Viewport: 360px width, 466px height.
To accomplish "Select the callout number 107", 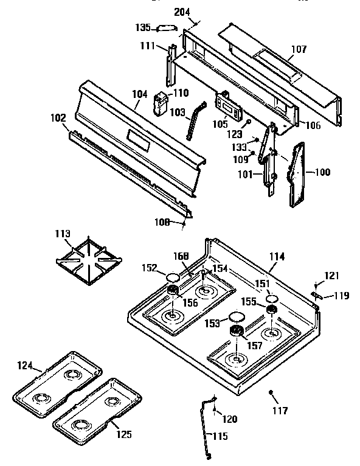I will [299, 49].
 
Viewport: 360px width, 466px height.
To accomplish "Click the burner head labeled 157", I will [237, 331].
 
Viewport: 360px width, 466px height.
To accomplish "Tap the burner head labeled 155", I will [272, 311].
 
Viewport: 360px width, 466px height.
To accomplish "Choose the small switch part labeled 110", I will [161, 102].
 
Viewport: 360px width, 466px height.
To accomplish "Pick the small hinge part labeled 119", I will [315, 295].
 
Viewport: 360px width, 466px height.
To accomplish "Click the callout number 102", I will [58, 119].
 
